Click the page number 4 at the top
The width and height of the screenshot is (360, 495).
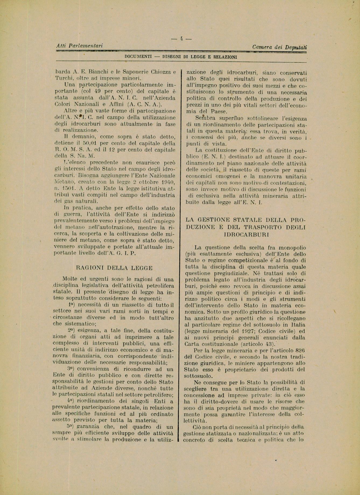pos(181,39)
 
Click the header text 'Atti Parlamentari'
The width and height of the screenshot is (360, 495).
pos(79,46)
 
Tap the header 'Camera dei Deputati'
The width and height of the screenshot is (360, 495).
pos(280,47)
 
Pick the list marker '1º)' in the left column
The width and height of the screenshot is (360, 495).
pos(71,305)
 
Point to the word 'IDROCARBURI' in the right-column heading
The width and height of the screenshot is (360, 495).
pos(246,234)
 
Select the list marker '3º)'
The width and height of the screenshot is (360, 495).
pos(71,369)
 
